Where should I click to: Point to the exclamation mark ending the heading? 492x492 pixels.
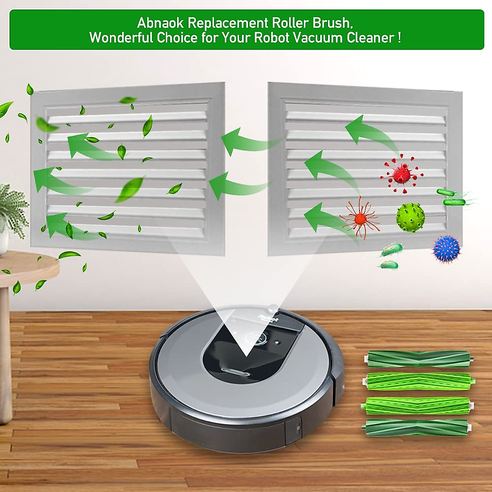pos(399,38)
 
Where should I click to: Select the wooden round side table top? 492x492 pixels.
pos(25,266)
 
